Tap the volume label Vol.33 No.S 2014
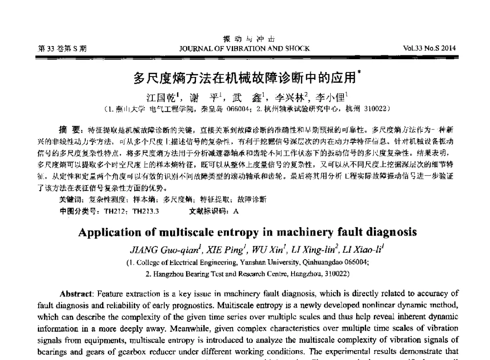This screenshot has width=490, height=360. click(x=429, y=48)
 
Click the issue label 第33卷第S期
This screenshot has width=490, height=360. click(x=62, y=48)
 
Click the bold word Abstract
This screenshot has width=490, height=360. click(x=73, y=294)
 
